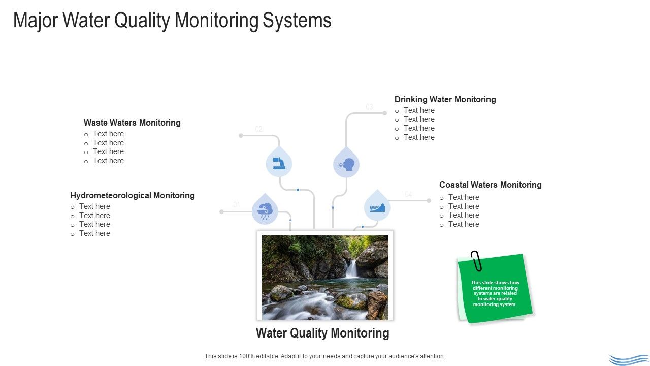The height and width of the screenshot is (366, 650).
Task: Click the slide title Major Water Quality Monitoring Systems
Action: (x=172, y=20)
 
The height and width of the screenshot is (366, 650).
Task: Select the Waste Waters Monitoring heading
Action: (x=132, y=123)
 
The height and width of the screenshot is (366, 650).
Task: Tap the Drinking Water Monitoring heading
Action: (x=445, y=99)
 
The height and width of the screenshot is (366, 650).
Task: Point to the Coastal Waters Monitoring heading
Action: (x=490, y=185)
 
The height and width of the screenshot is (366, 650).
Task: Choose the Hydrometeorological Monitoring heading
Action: (x=132, y=195)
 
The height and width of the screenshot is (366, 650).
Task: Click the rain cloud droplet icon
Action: (x=265, y=210)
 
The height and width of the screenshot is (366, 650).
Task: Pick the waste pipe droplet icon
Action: (x=279, y=163)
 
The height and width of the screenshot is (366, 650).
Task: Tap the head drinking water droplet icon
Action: (x=346, y=165)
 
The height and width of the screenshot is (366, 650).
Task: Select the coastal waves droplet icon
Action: (x=377, y=207)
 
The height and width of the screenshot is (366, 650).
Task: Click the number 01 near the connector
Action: (x=237, y=205)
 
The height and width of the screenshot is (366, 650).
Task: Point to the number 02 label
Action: (x=259, y=129)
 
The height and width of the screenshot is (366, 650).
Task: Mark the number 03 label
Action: (x=369, y=107)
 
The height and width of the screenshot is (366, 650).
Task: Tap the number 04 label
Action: (x=408, y=194)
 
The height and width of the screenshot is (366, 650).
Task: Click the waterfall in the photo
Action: (x=351, y=268)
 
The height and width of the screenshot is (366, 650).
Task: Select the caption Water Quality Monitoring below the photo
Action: (x=322, y=333)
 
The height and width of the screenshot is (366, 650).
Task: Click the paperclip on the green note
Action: (x=476, y=260)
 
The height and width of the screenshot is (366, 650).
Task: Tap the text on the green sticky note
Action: (x=495, y=293)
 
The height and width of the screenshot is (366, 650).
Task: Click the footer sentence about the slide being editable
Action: (x=324, y=356)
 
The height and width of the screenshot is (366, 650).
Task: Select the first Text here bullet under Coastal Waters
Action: (x=463, y=197)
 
